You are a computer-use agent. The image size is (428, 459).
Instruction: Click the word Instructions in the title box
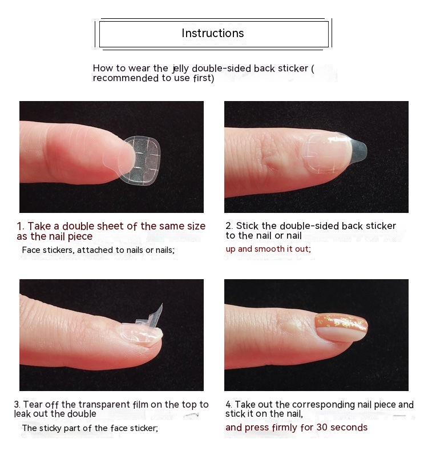coord(213,33)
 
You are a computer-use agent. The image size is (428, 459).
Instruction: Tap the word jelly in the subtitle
coord(181,69)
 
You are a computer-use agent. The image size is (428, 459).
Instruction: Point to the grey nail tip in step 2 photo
coord(358,150)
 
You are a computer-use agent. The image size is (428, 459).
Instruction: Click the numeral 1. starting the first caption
coord(21,226)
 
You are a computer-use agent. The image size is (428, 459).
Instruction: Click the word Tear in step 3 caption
coord(33,404)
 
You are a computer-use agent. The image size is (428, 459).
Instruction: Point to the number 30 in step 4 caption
coord(322,428)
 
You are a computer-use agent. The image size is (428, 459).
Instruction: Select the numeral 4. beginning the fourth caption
coord(229,405)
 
